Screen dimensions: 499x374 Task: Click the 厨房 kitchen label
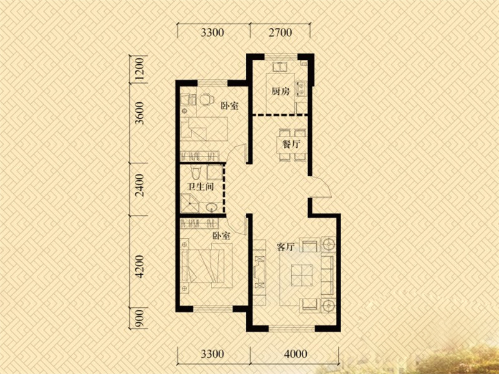[281, 92]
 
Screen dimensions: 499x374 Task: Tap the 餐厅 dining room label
[291, 145]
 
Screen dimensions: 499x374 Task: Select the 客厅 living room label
[286, 247]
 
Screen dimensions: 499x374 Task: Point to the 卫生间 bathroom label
[200, 186]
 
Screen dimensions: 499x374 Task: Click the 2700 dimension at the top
[280, 32]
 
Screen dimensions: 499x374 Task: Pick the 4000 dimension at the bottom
[295, 353]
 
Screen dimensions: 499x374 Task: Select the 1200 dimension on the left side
[139, 70]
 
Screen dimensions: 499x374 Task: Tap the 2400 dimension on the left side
[139, 185]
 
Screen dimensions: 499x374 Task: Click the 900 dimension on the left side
[139, 319]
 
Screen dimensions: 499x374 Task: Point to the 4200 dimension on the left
[139, 267]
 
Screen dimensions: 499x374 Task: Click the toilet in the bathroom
[195, 172]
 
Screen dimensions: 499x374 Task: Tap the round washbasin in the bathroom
[211, 208]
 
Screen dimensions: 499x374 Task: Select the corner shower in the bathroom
[190, 203]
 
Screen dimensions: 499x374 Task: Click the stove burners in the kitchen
[301, 89]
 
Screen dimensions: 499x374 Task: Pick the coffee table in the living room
[302, 274]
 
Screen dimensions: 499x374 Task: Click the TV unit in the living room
[259, 272]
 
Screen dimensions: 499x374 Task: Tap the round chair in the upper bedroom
[207, 99]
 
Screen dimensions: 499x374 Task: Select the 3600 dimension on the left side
[139, 113]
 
